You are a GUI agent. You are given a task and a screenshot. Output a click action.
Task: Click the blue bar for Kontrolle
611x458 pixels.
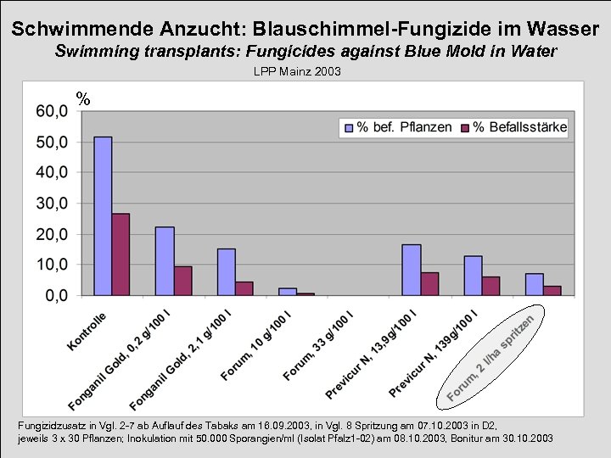[x=103, y=216]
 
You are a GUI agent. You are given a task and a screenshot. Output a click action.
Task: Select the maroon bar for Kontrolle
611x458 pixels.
[x=121, y=254]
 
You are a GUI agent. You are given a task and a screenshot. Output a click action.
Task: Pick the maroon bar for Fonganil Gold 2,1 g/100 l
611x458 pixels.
[x=244, y=288]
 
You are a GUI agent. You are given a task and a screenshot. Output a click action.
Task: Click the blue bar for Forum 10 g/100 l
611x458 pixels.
[x=288, y=292]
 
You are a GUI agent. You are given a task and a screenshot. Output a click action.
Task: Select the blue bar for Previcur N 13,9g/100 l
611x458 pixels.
[x=412, y=270]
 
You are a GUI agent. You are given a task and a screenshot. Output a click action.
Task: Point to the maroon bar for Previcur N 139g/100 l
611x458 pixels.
[x=490, y=286]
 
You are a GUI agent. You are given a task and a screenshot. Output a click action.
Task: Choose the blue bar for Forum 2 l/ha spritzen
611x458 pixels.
[x=535, y=284]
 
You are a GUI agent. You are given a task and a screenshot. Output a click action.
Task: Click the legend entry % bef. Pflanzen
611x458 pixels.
[x=398, y=127]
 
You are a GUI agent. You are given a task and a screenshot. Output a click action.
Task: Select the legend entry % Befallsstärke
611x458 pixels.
[x=513, y=127]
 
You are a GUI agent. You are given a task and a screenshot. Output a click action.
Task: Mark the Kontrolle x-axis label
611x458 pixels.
[x=87, y=332]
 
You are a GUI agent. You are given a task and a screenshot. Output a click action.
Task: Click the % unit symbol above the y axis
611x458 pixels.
[x=83, y=98]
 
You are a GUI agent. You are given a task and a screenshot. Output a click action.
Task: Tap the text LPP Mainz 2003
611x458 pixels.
[x=297, y=72]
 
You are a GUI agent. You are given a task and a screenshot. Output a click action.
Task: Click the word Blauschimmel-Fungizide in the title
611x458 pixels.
[x=356, y=29]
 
